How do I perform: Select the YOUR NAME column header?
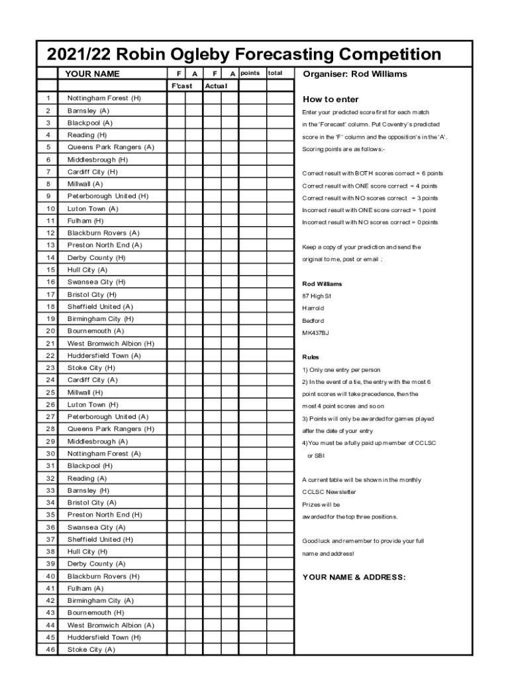[92, 74]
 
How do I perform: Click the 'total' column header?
[275, 73]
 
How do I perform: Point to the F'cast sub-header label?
[181, 86]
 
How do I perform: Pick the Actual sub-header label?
[217, 86]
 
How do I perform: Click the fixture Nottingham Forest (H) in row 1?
[104, 98]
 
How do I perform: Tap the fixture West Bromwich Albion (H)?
[111, 343]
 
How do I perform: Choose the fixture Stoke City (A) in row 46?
[91, 650]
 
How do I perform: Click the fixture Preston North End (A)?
[105, 245]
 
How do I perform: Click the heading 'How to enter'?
[331, 99]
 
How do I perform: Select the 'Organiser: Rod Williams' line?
[355, 74]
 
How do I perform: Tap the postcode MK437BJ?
[315, 332]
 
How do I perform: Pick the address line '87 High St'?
[317, 296]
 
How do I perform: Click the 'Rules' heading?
[311, 357]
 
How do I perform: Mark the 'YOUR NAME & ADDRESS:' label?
[354, 577]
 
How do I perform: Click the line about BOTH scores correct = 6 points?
[373, 173]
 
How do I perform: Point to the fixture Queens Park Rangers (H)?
[111, 429]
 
